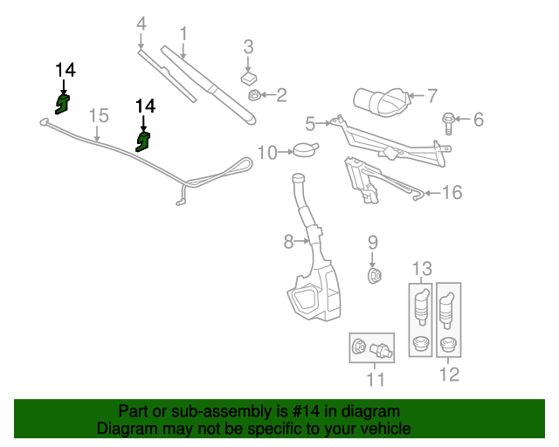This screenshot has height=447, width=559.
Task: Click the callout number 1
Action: pos(184,34)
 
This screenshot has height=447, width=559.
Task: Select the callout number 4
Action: pos(141,26)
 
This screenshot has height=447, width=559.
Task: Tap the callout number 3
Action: pos(248,45)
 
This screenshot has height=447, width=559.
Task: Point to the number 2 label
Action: pos(281,94)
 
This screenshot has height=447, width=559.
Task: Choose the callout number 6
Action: pos(478,119)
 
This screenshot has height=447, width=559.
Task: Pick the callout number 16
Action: pos(451,192)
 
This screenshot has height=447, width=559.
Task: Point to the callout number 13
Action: pos(422,266)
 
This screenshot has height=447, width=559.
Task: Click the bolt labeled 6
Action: pos(450,120)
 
